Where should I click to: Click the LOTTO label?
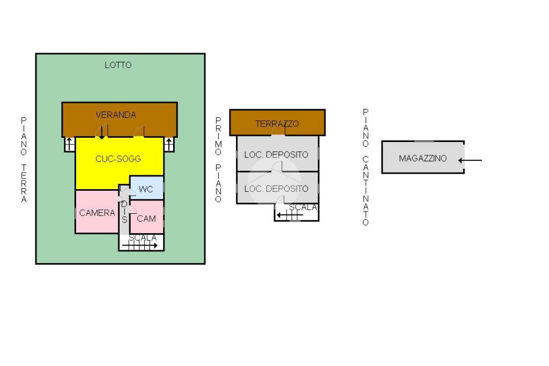click(118, 65)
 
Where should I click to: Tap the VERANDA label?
click(116, 115)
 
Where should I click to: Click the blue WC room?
click(147, 188)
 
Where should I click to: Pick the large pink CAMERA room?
click(97, 212)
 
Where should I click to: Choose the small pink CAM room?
click(147, 217)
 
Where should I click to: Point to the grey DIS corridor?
click(124, 212)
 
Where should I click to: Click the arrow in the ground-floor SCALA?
click(140, 245)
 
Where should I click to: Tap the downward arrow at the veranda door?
click(101, 132)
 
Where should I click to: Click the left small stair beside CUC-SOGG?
click(69, 144)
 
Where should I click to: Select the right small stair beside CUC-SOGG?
click(169, 144)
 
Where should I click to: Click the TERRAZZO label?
click(277, 123)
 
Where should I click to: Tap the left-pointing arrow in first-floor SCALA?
click(290, 215)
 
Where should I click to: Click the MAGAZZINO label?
click(422, 158)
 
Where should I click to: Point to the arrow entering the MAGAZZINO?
click(470, 160)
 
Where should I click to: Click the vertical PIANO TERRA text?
click(24, 160)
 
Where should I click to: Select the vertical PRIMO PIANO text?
click(218, 160)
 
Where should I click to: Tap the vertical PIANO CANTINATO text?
click(366, 167)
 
